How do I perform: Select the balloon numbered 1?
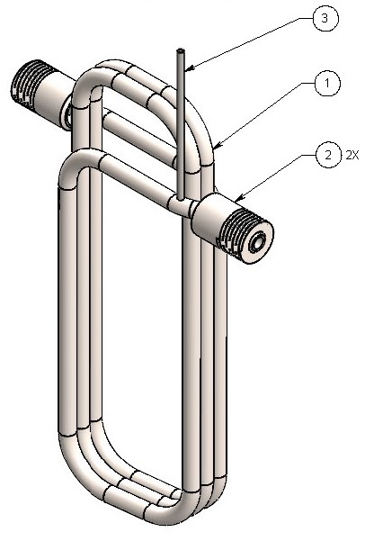click(327, 85)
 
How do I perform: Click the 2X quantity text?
click(352, 155)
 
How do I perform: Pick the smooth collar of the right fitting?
click(212, 214)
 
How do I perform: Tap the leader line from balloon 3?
click(252, 41)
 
